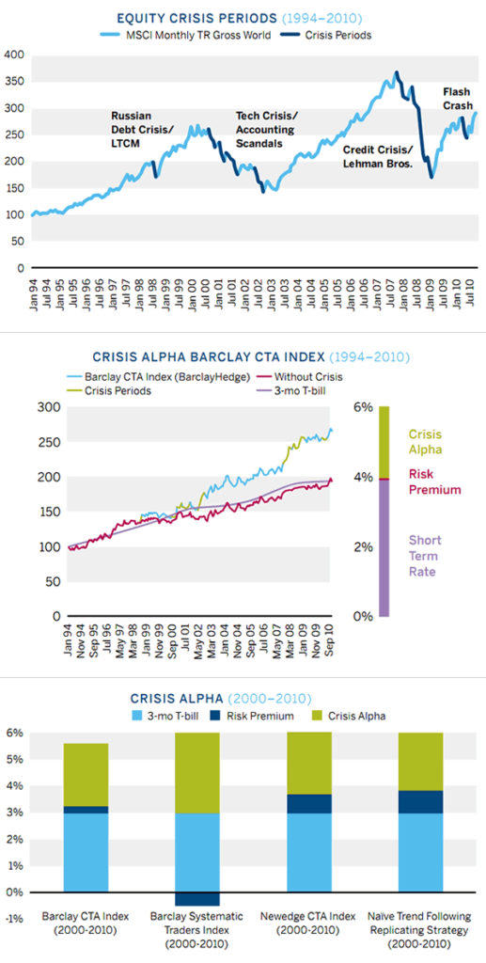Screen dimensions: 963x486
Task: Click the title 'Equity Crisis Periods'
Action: click(x=181, y=17)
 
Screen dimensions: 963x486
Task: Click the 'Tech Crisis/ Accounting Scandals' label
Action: click(x=265, y=130)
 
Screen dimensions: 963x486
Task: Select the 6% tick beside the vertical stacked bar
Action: click(x=362, y=407)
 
